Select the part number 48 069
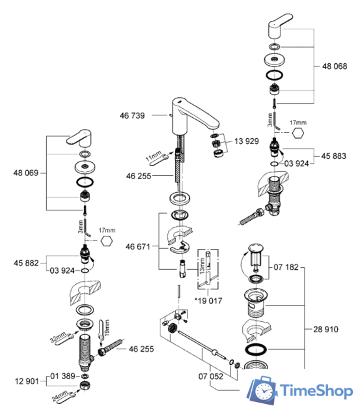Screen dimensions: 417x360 click(25, 173)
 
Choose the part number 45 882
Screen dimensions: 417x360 click(25, 263)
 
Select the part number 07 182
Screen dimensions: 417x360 click(286, 267)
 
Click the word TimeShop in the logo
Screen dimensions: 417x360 click(314, 390)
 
